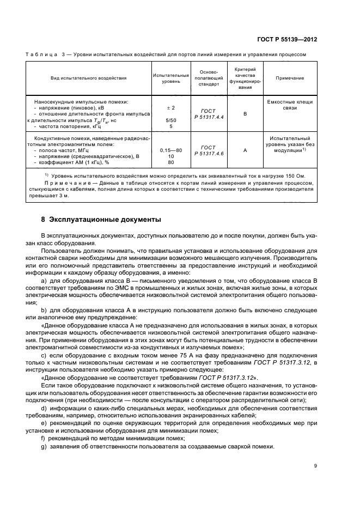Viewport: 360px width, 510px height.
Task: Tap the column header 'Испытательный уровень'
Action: pyautogui.click(x=170, y=78)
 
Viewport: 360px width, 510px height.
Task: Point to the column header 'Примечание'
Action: pyautogui.click(x=290, y=78)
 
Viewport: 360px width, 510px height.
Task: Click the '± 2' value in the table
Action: pyautogui.click(x=170, y=108)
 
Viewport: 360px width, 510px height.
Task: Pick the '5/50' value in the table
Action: pyautogui.click(x=170, y=120)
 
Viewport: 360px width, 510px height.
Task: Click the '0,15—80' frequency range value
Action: pyautogui.click(x=170, y=150)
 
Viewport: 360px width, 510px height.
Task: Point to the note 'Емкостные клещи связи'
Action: pyautogui.click(x=290, y=105)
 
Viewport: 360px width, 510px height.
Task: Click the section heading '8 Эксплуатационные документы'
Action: pyautogui.click(x=101, y=220)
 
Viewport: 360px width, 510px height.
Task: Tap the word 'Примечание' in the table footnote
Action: pyautogui.click(x=68, y=183)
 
